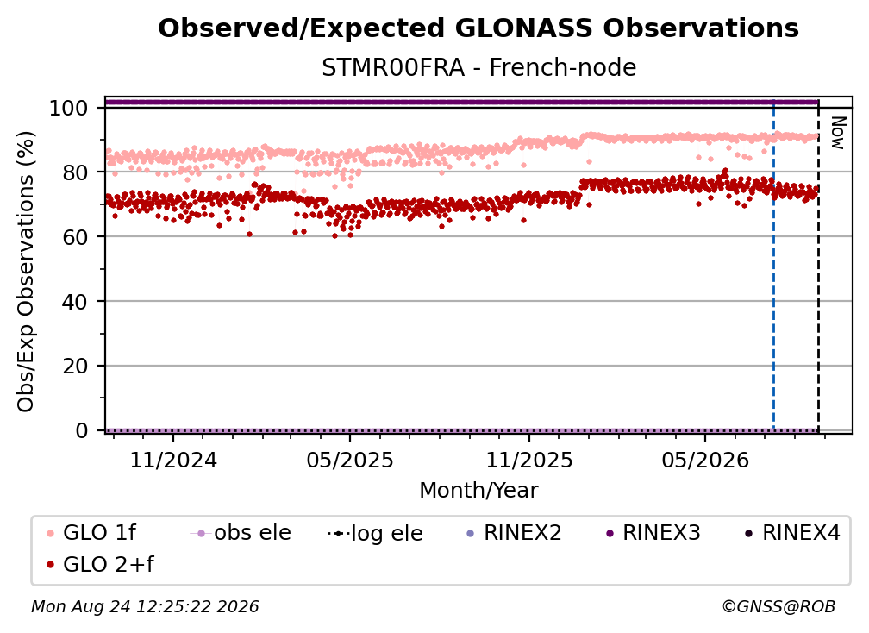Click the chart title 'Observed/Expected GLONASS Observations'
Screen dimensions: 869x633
pos(478,28)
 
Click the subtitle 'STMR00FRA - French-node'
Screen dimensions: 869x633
pos(478,67)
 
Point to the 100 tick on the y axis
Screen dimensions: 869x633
pos(68,108)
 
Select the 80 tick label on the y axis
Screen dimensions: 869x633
pos(75,172)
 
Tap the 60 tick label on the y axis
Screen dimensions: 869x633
pos(75,236)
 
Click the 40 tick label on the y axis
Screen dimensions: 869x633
pos(75,302)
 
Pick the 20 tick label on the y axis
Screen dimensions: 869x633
pos(75,366)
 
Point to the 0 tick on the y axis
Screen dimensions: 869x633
pos(81,430)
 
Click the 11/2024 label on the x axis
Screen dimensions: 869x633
pos(173,460)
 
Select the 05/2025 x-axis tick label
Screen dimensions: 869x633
pos(350,460)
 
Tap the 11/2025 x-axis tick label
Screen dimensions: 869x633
pos(529,460)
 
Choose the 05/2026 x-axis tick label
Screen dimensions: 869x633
pos(705,460)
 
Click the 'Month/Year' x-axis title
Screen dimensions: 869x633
pos(478,491)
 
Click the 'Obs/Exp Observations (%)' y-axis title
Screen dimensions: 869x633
pos(26,272)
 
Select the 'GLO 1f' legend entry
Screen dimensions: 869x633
pos(91,533)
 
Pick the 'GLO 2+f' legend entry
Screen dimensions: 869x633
pos(100,565)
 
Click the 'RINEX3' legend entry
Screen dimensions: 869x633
pos(653,533)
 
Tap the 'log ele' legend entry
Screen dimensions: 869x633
pos(375,533)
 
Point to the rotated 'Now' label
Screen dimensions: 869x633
pos(838,133)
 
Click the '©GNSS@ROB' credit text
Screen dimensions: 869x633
pos(778,606)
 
